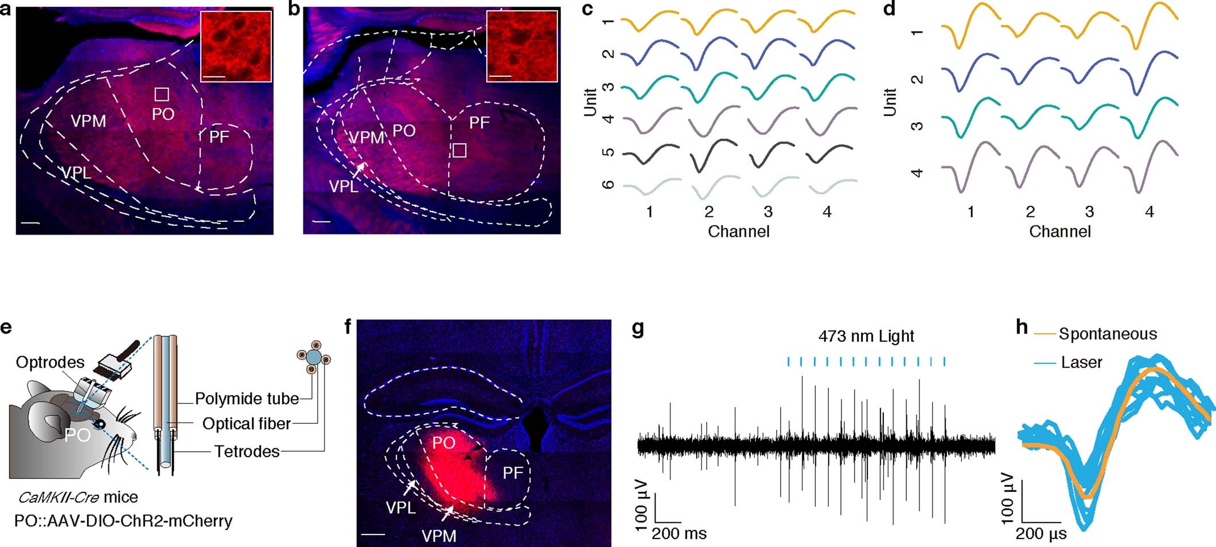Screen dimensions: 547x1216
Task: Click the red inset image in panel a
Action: pos(236,46)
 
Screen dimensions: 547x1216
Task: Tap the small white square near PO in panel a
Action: pos(162,94)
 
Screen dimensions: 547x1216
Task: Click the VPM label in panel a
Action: pos(88,121)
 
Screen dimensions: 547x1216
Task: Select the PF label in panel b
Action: pos(480,122)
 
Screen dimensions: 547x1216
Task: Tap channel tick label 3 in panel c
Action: pos(768,212)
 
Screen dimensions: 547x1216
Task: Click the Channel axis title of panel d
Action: pos(1059,232)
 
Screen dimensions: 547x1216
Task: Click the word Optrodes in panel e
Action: pos(50,362)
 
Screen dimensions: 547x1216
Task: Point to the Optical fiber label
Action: pos(246,424)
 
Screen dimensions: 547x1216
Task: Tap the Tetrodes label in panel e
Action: pos(247,452)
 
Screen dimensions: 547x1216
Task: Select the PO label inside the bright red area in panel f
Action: pos(443,443)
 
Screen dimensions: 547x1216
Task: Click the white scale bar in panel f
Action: pos(373,534)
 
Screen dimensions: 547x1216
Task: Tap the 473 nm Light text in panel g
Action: pos(866,336)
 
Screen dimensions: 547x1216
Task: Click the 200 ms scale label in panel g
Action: pos(679,534)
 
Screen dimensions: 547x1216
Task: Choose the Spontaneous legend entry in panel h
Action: pos(1108,334)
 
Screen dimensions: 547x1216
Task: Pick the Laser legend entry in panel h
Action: pos(1081,362)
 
